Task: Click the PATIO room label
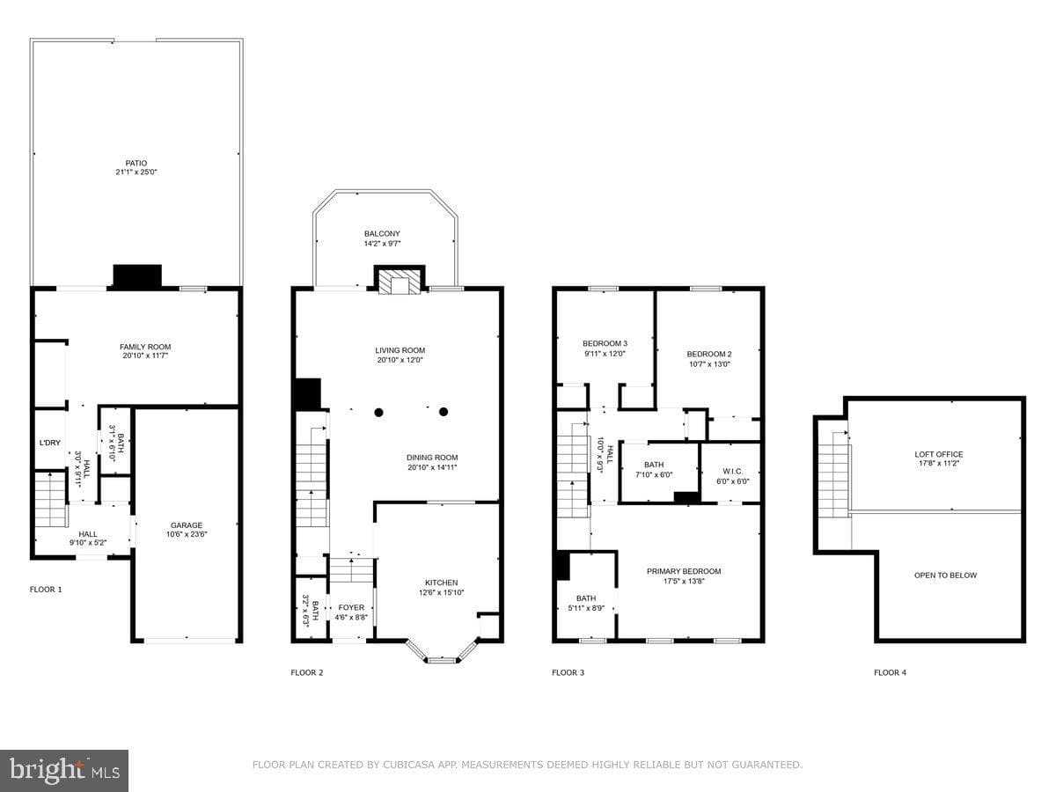point(136,163)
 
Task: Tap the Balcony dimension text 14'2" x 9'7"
point(382,244)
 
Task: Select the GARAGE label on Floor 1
point(187,525)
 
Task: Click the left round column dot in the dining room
point(379,412)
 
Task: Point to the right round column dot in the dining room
point(444,412)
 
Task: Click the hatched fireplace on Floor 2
point(400,282)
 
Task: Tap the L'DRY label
point(50,443)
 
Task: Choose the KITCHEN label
point(441,583)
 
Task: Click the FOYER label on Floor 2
point(351,607)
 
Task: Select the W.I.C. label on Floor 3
point(733,472)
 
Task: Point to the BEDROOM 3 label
point(605,343)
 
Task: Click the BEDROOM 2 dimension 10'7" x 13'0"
point(709,364)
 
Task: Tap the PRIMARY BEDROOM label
point(684,571)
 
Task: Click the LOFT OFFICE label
point(939,454)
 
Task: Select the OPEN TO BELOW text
point(945,576)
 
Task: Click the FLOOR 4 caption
point(890,672)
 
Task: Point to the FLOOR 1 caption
point(46,589)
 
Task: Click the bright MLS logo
point(64,770)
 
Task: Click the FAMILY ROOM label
point(145,347)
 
